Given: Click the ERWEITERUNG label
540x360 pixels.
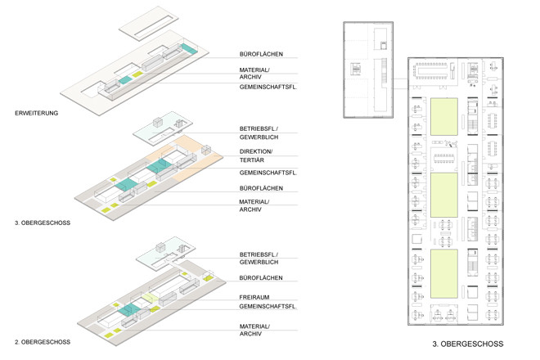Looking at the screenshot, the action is coord(36,113).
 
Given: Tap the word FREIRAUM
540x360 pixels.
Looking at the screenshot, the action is coord(254,297).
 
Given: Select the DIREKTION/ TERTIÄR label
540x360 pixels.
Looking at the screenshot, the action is coord(256,155).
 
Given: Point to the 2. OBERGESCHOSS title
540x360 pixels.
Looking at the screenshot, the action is coord(43,342).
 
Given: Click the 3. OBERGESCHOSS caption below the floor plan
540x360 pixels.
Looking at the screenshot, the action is coord(468,344).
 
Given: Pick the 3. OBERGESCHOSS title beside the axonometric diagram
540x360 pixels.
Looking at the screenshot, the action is coord(43,223).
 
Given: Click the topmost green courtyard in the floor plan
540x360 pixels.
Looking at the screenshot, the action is coord(444,117).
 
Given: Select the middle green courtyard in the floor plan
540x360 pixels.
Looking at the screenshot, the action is coord(444,195).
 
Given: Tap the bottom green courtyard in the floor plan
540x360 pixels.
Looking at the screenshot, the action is coord(444,274).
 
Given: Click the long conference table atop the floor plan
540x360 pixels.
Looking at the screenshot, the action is coord(434,71).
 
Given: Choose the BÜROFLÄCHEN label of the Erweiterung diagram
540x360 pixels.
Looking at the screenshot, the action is coord(261,54).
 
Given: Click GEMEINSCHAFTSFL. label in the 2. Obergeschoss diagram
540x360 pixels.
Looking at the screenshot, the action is coord(268,306).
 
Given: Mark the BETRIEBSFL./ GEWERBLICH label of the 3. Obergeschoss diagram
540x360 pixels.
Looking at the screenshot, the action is coord(259,133).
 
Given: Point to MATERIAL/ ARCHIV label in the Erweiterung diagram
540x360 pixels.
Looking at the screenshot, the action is coord(254,74).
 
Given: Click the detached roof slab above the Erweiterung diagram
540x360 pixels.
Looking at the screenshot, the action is coord(149,24).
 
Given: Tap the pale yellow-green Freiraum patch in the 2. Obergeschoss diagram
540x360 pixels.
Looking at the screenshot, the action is coord(150,298).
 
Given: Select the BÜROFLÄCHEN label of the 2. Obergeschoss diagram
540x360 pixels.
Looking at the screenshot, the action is coord(261,277).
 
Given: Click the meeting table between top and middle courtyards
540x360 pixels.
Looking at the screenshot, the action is coord(444,158).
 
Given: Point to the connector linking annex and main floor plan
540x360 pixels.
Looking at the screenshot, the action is coord(401,83).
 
